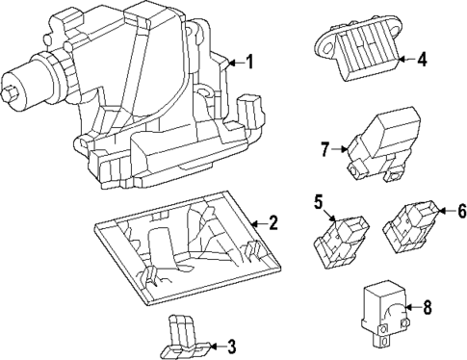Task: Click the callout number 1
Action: tap(249, 62)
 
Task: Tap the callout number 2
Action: tap(272, 222)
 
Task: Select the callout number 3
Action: tap(231, 347)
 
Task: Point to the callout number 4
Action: tap(422, 60)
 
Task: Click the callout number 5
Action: tap(318, 202)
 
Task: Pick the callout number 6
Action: tap(462, 211)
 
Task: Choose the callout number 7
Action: tap(325, 149)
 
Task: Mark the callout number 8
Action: tap(428, 307)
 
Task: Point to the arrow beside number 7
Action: tap(340, 149)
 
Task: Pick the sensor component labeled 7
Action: tap(382, 143)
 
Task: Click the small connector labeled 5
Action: tap(341, 242)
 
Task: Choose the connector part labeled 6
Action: tap(410, 227)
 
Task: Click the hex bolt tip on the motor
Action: tap(8, 92)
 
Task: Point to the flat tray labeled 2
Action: tap(188, 247)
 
